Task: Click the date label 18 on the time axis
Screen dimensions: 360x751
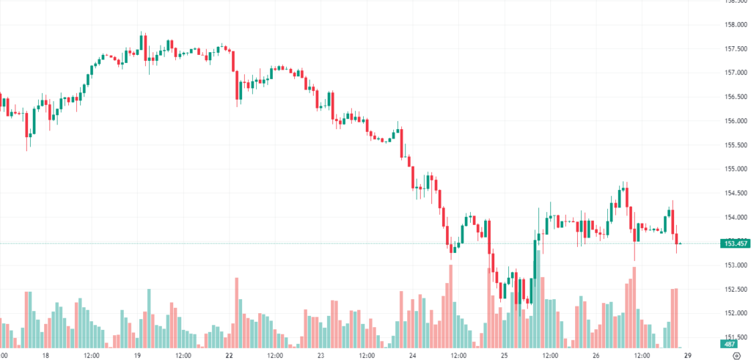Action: (x=45, y=355)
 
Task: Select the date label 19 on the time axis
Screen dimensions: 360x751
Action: (x=137, y=355)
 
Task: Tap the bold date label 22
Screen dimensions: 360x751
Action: (x=230, y=355)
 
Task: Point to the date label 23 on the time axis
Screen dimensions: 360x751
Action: (x=321, y=355)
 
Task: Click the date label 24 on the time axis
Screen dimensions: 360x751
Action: (x=413, y=355)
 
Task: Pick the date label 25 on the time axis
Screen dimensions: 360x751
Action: (x=505, y=355)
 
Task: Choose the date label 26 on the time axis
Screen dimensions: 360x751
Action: (x=596, y=355)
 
